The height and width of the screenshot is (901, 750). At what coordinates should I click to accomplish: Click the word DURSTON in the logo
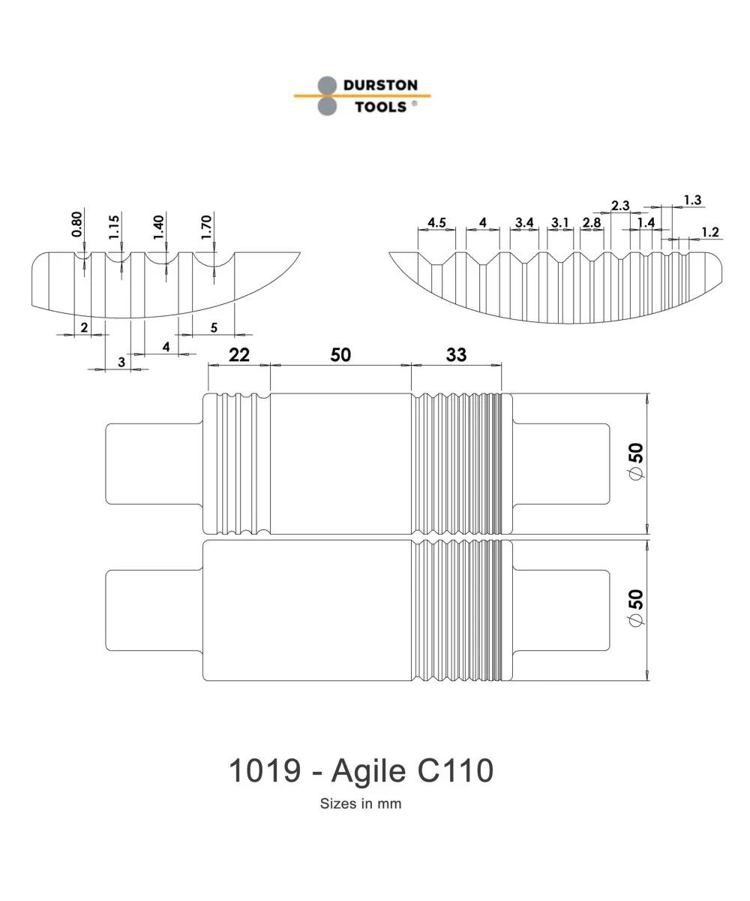(x=380, y=85)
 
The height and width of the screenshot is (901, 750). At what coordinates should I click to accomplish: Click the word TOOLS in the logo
(x=380, y=107)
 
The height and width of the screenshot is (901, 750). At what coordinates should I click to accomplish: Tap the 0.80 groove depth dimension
(x=76, y=224)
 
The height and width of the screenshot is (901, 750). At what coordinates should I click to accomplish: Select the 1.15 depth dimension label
(x=114, y=227)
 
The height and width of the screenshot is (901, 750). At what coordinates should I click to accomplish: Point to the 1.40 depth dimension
(x=158, y=228)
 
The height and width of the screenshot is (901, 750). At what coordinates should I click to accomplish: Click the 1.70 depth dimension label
(x=206, y=228)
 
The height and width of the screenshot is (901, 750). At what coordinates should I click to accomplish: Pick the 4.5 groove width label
(x=436, y=223)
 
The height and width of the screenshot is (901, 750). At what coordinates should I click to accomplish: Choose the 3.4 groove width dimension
(x=524, y=223)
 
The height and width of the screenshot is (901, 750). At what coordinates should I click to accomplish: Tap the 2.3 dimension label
(x=620, y=206)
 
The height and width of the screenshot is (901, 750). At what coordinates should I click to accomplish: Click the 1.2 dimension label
(x=710, y=232)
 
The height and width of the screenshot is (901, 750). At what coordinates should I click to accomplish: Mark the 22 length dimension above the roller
(x=238, y=354)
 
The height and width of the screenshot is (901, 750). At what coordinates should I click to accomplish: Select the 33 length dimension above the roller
(x=456, y=354)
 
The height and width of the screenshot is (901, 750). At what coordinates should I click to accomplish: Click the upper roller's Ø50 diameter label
(x=636, y=461)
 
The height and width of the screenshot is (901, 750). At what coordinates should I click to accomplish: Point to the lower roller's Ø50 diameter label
(x=636, y=608)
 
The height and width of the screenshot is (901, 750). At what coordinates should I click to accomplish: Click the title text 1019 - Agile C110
(x=361, y=770)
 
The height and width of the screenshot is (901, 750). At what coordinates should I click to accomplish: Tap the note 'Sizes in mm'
(x=361, y=803)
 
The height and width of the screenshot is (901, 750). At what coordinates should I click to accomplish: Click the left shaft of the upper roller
(x=154, y=463)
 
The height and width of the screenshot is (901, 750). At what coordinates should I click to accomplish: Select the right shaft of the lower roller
(x=561, y=610)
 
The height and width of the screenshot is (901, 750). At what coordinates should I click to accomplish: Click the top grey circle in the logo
(x=327, y=86)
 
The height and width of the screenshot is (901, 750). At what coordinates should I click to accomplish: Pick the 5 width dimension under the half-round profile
(x=214, y=327)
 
